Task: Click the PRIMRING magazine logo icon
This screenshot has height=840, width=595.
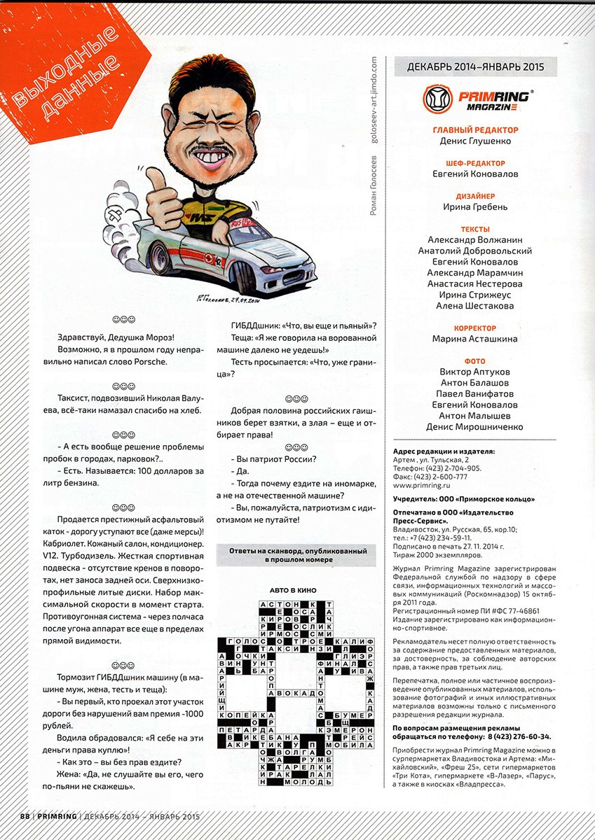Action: pyautogui.click(x=437, y=99)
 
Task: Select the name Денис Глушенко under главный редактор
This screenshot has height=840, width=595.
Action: pyautogui.click(x=475, y=141)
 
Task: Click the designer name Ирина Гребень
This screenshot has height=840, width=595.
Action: pyautogui.click(x=475, y=207)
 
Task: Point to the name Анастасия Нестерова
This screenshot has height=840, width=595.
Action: pyautogui.click(x=475, y=284)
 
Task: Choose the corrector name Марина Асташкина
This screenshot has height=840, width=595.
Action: pyautogui.click(x=475, y=339)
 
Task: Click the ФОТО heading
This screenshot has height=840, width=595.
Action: pyautogui.click(x=475, y=361)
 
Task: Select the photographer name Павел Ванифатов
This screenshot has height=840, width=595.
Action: pyautogui.click(x=475, y=394)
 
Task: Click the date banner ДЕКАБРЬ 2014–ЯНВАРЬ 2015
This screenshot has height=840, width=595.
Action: pyautogui.click(x=476, y=67)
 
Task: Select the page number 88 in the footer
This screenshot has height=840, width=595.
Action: pyautogui.click(x=24, y=816)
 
